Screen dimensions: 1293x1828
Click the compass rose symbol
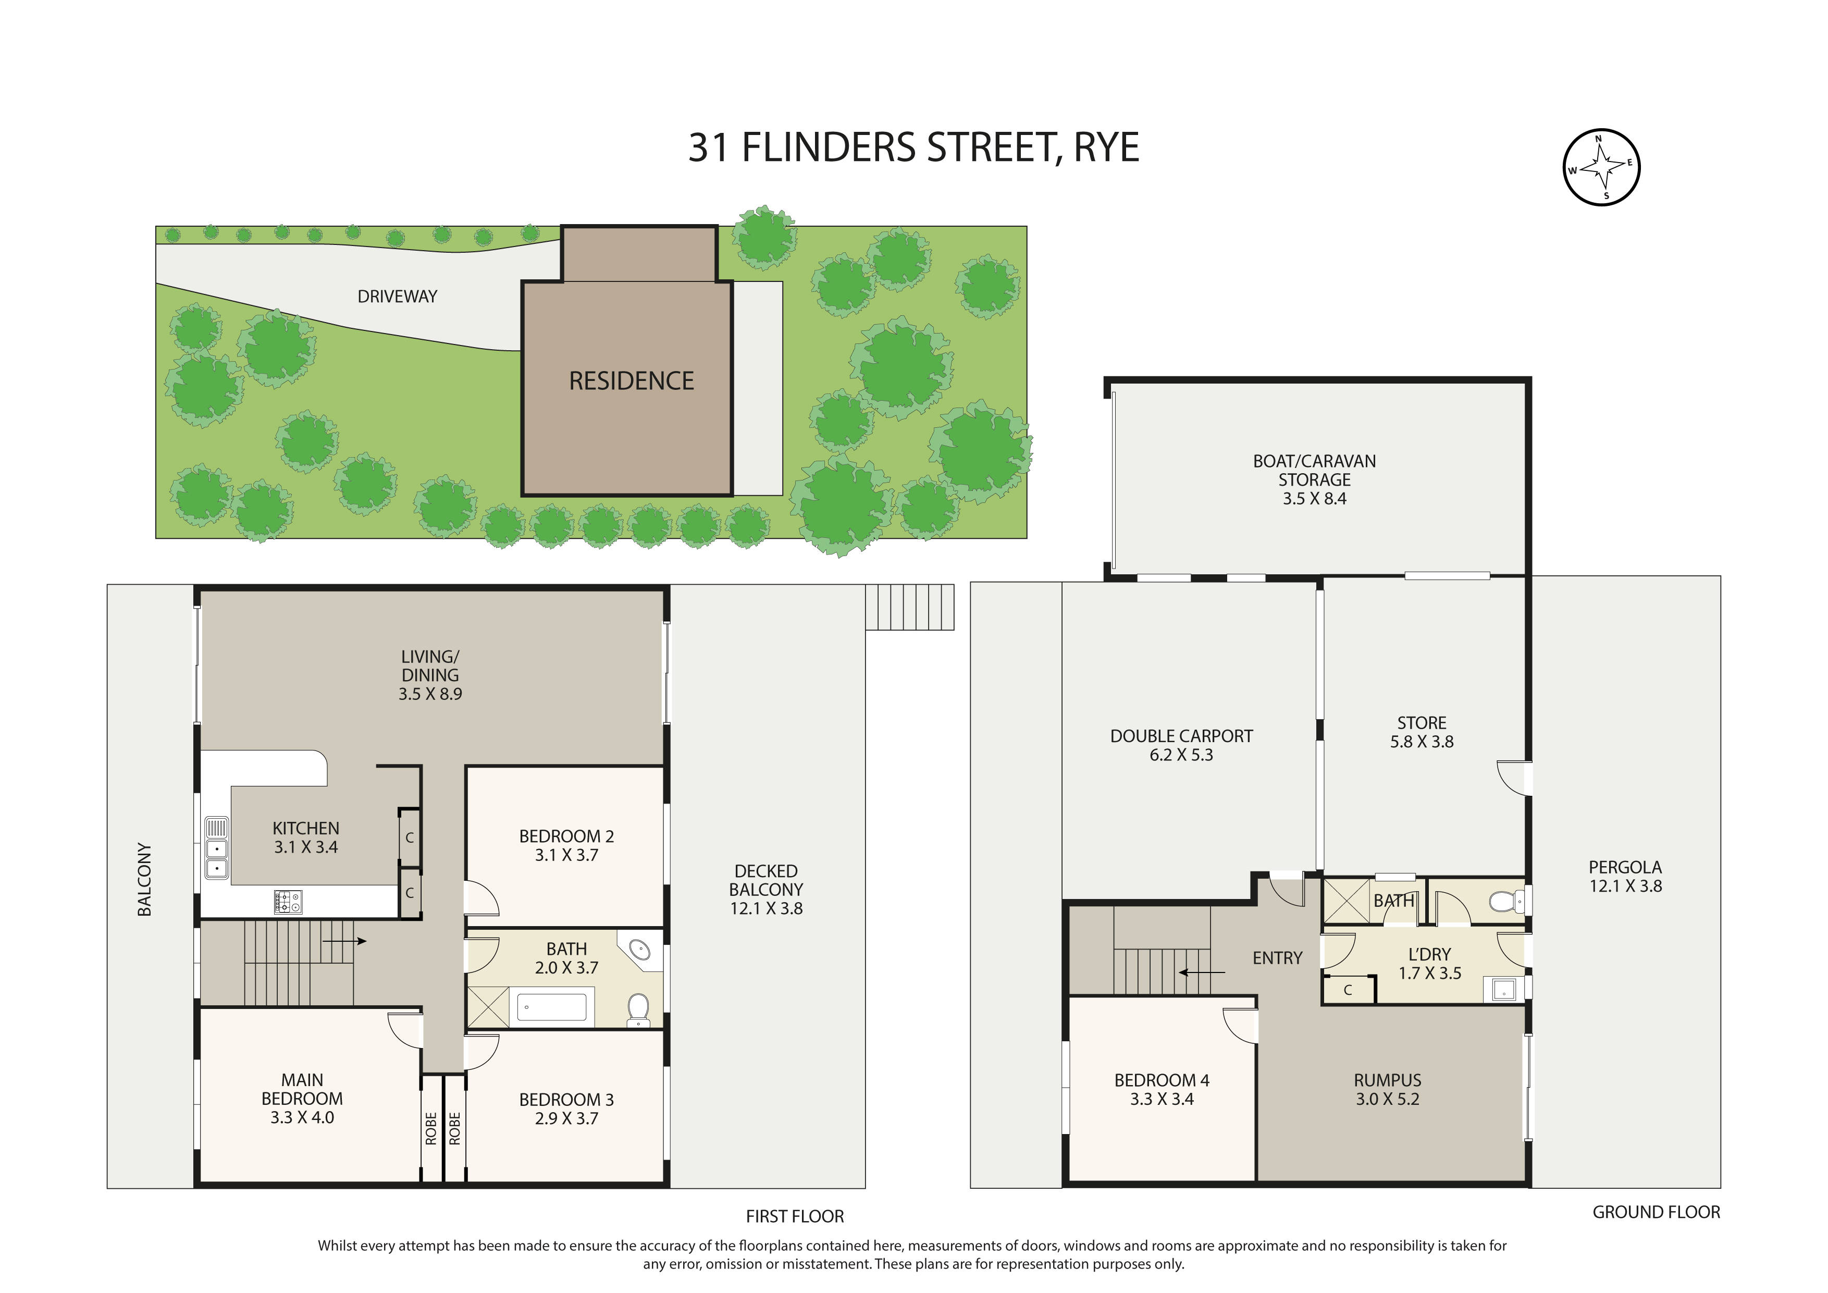pos(1601,167)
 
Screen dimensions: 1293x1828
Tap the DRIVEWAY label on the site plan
pos(397,296)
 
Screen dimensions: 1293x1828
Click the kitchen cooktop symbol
pos(288,902)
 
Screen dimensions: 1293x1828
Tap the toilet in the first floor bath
pos(638,1009)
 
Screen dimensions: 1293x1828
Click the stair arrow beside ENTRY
pos(1202,972)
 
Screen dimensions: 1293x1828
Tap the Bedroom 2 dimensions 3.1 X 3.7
pos(566,855)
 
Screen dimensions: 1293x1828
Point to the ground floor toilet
pos(1503,901)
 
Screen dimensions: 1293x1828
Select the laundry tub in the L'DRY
pos(1503,990)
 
